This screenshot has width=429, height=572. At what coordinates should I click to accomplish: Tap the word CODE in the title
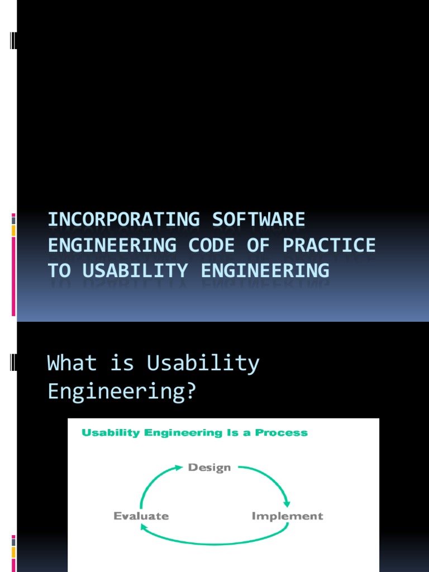point(215,245)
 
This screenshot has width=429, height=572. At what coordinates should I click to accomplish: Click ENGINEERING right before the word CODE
point(112,245)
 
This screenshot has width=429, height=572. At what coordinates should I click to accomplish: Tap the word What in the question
point(72,364)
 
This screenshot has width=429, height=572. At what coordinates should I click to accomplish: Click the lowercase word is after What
point(122,364)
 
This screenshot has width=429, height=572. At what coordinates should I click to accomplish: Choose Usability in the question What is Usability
point(203,364)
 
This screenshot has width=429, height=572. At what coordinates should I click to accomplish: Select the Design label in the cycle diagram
point(209,468)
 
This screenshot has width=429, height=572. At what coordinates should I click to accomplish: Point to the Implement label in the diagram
point(287,516)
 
